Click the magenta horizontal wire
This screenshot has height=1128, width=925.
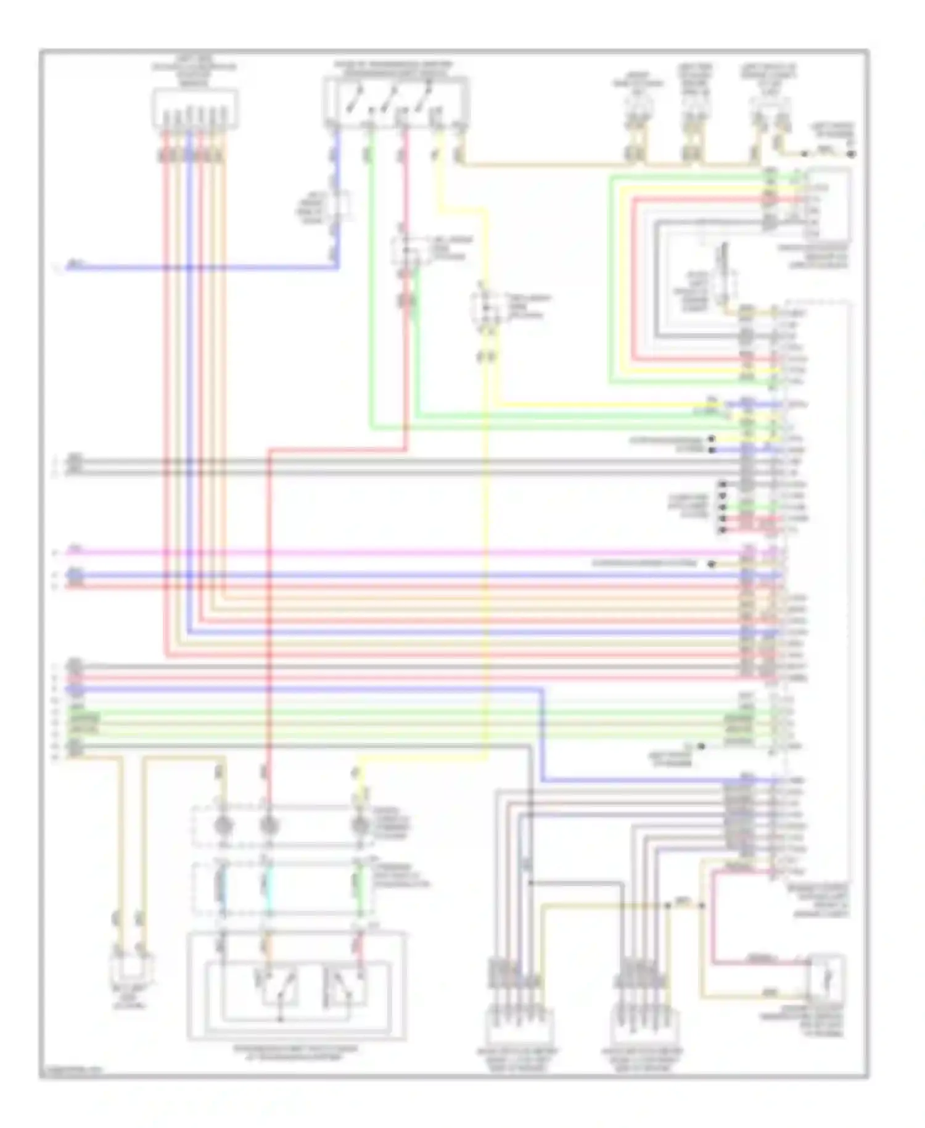pos(401,552)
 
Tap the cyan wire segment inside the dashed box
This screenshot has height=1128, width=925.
pos(268,886)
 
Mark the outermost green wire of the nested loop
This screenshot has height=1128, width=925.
pos(610,278)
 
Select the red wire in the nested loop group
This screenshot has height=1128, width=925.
pos(633,278)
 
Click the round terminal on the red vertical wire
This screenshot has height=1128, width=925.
pos(268,825)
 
